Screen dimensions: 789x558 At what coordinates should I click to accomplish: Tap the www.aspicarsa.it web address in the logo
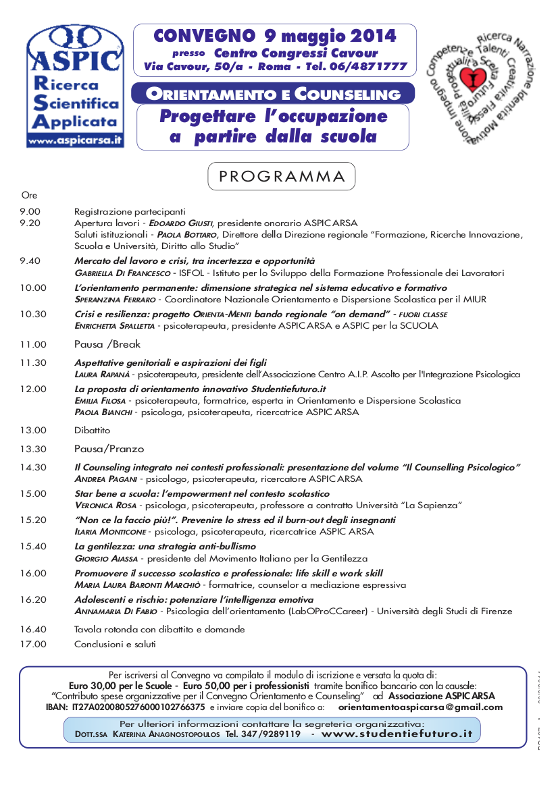click(x=74, y=140)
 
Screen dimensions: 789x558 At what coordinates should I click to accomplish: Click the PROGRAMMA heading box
click(x=281, y=177)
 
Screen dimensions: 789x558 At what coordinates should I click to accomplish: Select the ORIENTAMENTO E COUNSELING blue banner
click(x=274, y=93)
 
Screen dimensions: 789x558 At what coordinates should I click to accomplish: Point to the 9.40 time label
click(x=30, y=261)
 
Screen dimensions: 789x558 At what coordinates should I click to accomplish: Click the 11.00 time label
click(x=33, y=344)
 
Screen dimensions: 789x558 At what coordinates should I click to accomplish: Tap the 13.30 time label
click(x=33, y=449)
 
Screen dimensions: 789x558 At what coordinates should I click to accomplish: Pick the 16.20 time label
click(x=33, y=599)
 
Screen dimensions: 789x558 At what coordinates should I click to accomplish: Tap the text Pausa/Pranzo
click(x=109, y=449)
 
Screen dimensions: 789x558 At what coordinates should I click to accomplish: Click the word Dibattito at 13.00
click(x=92, y=430)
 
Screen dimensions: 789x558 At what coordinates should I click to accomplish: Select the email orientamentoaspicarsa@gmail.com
click(x=420, y=707)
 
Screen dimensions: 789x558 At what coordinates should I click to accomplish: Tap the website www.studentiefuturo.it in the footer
click(x=397, y=734)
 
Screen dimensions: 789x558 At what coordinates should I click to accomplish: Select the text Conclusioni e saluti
click(x=115, y=644)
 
